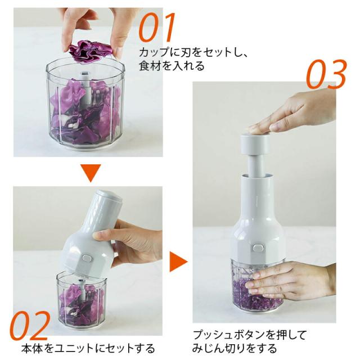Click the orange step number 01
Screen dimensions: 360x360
(x=156, y=27)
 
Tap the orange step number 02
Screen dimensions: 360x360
(x=30, y=326)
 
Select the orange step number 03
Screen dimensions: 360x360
(x=326, y=74)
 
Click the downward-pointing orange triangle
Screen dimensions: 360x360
(x=91, y=173)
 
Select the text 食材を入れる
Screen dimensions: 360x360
(x=172, y=66)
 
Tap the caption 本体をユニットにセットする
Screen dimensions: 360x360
(x=88, y=348)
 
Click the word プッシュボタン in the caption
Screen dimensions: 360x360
(x=229, y=335)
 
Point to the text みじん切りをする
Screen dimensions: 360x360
(x=235, y=348)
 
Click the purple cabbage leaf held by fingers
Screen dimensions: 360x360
(x=91, y=51)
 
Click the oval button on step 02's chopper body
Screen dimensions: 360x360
(x=87, y=258)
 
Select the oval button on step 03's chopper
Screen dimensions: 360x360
(x=258, y=248)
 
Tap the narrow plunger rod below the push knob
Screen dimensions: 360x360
(x=256, y=165)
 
